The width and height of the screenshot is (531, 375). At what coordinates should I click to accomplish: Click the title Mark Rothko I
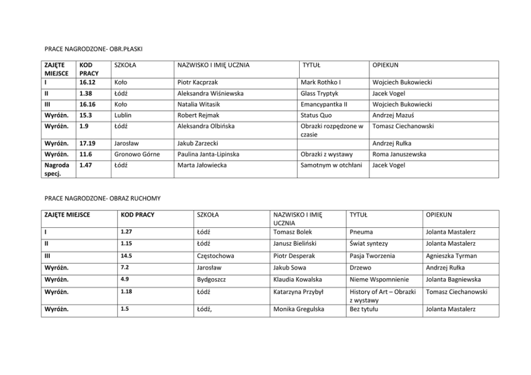(321, 82)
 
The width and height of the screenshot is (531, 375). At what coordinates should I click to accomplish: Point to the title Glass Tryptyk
(320, 94)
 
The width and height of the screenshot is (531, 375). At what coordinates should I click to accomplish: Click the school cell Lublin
(123, 115)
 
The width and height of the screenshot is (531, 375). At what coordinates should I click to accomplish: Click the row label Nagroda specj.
(56, 169)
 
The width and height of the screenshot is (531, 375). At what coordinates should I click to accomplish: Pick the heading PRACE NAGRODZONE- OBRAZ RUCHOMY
(102, 198)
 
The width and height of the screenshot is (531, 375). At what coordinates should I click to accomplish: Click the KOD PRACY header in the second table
(138, 215)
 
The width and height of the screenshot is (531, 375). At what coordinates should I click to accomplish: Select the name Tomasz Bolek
(292, 232)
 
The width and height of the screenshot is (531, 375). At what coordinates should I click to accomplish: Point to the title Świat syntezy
(369, 243)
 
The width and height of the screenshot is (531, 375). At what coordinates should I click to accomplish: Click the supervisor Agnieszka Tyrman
(451, 256)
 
